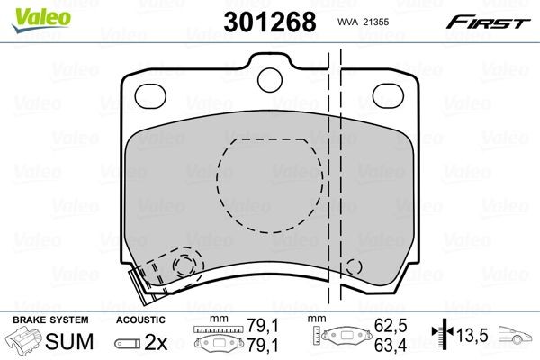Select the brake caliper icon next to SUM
point(25,341)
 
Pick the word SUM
point(71,341)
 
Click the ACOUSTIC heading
point(140,319)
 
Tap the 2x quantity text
point(156,341)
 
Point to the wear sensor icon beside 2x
point(128,342)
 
